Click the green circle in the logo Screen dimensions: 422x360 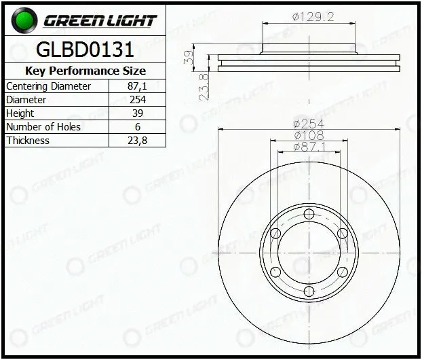coord(24,20)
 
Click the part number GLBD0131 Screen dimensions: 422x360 coord(85,50)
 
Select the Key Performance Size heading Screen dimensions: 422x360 coord(85,71)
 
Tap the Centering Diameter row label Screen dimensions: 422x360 coord(48,86)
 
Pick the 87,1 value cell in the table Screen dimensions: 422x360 coord(137,86)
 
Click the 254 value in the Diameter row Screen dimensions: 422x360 coord(138,100)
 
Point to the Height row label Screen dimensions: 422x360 coord(20,113)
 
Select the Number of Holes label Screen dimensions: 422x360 coord(43,127)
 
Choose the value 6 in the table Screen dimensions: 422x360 coord(138,127)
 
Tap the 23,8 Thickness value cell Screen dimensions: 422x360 coord(137,141)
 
